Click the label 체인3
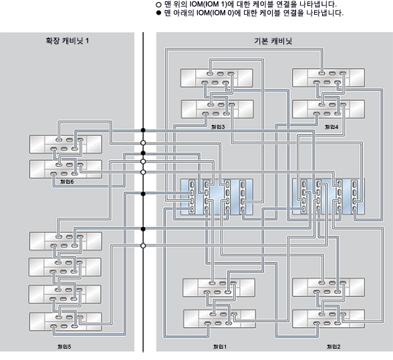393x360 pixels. (219, 126)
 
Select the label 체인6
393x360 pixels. (67, 181)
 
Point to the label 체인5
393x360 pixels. (65, 347)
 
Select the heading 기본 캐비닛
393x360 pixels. (275, 41)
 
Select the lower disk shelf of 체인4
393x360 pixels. (328, 109)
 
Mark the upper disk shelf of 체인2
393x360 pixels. (328, 289)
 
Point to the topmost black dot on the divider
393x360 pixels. (143, 130)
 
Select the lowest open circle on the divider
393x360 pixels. (143, 245)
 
